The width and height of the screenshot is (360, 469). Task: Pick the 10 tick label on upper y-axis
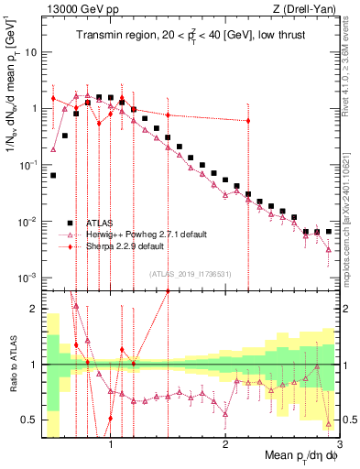click(31, 51)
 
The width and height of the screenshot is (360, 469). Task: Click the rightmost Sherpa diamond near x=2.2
click(247, 121)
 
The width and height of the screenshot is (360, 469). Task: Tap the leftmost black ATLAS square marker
click(53, 174)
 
